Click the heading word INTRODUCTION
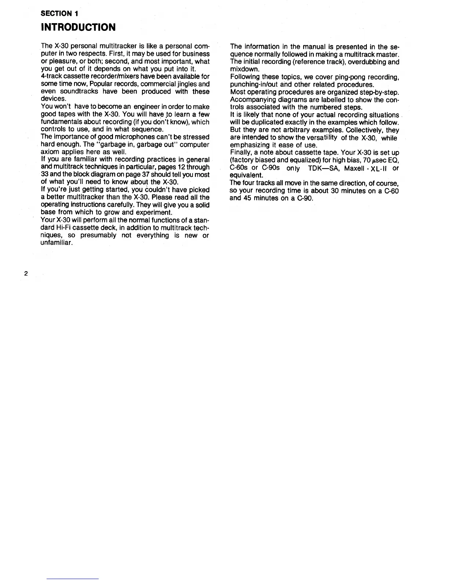click(78, 27)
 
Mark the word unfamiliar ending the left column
click(56, 243)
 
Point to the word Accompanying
click(252, 100)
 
